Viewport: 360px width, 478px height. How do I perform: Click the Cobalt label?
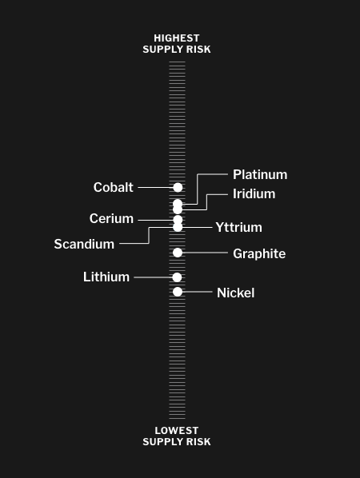[x=113, y=187]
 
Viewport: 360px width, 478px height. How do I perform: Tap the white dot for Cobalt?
[x=178, y=188]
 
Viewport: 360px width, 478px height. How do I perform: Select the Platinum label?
[x=260, y=175]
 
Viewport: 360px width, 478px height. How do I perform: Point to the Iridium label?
[x=254, y=194]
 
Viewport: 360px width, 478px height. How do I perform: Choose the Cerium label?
[x=111, y=218]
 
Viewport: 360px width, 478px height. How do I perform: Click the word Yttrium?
[x=238, y=228]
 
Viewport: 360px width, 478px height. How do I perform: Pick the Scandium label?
[x=84, y=244]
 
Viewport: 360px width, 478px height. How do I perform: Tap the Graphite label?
[x=259, y=253]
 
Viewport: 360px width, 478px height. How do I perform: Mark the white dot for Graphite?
[x=178, y=253]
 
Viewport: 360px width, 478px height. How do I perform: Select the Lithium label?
[x=106, y=277]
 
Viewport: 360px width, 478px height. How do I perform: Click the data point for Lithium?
[x=177, y=277]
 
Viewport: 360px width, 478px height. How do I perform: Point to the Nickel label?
[x=235, y=293]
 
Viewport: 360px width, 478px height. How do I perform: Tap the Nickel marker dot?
[x=178, y=292]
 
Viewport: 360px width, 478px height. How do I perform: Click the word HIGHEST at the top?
[x=177, y=38]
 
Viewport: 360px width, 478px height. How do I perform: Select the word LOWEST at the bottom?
[x=177, y=431]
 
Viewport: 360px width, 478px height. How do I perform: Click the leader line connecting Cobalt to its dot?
[x=155, y=188]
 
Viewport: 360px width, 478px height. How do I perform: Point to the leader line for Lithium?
[x=153, y=277]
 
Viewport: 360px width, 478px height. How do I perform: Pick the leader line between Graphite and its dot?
[x=205, y=253]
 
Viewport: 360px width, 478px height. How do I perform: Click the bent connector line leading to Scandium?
[x=149, y=235]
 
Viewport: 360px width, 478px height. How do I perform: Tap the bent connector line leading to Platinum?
[x=198, y=189]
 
